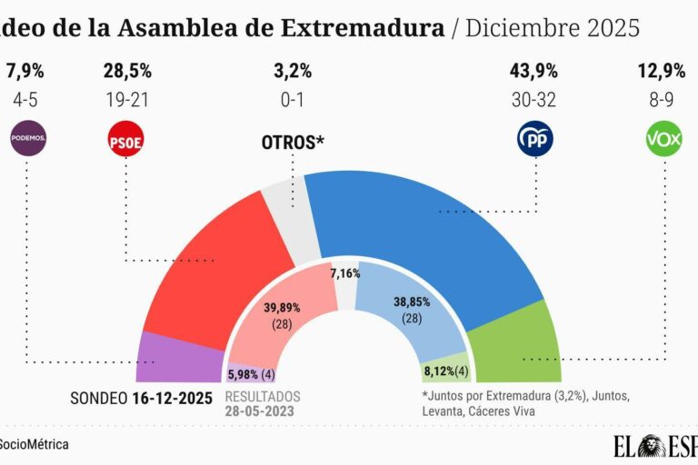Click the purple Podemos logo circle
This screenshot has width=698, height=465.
27,140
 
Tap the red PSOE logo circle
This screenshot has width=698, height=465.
126,140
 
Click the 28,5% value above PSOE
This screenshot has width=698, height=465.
126,70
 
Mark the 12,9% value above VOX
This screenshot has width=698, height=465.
663,70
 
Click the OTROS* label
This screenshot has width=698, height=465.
293,143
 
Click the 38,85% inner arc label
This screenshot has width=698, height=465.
412,308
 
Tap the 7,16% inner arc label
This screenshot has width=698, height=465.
345,272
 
